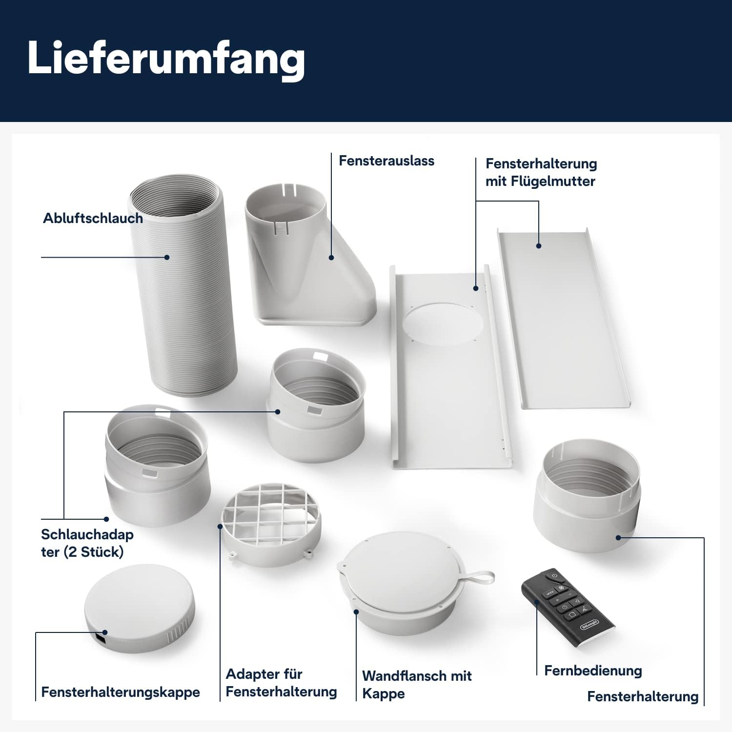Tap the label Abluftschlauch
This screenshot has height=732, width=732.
click(x=93, y=218)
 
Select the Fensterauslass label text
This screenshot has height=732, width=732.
click(x=386, y=161)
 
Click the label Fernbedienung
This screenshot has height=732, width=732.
click(x=592, y=671)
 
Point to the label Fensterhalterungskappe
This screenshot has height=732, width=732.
click(x=121, y=692)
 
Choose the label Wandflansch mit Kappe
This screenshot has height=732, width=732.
click(x=416, y=684)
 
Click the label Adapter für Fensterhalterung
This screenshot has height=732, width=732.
click(x=281, y=683)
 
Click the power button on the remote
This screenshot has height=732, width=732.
click(x=554, y=576)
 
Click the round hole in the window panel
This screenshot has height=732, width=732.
click(x=442, y=325)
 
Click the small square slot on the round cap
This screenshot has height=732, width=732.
click(x=101, y=638)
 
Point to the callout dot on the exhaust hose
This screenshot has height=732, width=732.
click(x=167, y=257)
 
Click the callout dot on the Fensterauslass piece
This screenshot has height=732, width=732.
click(x=331, y=257)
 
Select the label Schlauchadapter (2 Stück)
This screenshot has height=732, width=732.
click(x=87, y=543)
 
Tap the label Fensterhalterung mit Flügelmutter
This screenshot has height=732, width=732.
click(x=541, y=172)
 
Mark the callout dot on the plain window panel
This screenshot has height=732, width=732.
click(x=539, y=246)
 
